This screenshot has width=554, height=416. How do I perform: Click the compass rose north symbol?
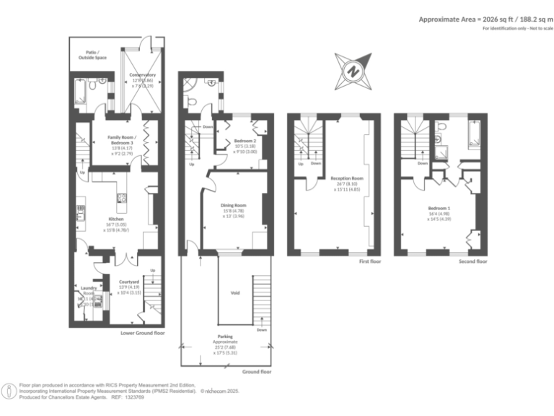pyautogui.click(x=353, y=71)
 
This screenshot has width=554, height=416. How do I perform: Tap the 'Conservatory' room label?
pyautogui.click(x=142, y=74)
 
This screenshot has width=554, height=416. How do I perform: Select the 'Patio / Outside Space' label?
pyautogui.click(x=91, y=55)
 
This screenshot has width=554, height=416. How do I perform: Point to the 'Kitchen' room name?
pyautogui.click(x=116, y=218)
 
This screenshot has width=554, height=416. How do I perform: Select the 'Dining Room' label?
pyautogui.click(x=234, y=205)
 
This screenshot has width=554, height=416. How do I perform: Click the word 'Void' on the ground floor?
pyautogui.click(x=235, y=292)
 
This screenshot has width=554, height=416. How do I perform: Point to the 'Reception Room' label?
pyautogui.click(x=346, y=178)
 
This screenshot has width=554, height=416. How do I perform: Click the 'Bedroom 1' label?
pyautogui.click(x=439, y=209)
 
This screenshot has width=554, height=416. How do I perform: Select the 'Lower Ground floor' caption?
pyautogui.click(x=144, y=333)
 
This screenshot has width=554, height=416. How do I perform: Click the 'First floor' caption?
pyautogui.click(x=369, y=261)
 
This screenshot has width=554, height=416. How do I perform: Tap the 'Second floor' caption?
pyautogui.click(x=473, y=261)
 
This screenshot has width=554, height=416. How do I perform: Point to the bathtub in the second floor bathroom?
pyautogui.click(x=475, y=134)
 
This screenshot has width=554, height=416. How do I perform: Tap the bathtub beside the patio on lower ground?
pyautogui.click(x=81, y=90)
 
